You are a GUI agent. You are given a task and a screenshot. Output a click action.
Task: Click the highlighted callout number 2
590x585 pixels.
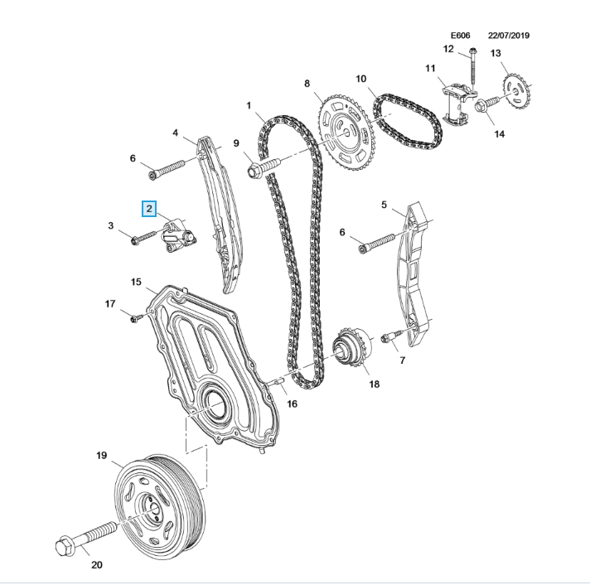(148, 209)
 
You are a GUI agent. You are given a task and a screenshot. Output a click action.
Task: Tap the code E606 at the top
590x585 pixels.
(460, 36)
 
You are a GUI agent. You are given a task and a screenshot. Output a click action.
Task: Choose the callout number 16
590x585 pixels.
(291, 403)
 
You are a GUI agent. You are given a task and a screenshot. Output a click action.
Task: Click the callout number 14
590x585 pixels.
(499, 133)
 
